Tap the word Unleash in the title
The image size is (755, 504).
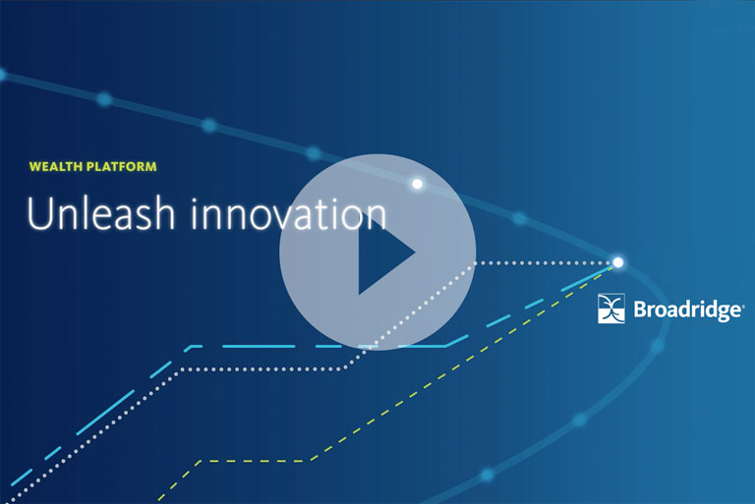click(x=100, y=213)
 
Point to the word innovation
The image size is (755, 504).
click(x=289, y=214)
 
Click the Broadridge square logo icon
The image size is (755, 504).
click(x=611, y=308)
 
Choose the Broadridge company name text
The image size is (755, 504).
click(x=688, y=309)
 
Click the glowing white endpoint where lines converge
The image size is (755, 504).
click(x=617, y=262)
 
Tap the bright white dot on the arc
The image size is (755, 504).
click(x=418, y=184)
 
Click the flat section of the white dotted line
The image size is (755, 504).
click(x=262, y=369)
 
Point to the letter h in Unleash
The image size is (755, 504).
click(x=163, y=213)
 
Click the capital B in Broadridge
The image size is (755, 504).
click(x=641, y=309)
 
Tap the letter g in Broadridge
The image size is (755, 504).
click(x=720, y=312)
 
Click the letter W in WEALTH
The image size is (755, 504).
click(x=35, y=167)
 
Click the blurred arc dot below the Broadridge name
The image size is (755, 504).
click(x=658, y=345)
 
